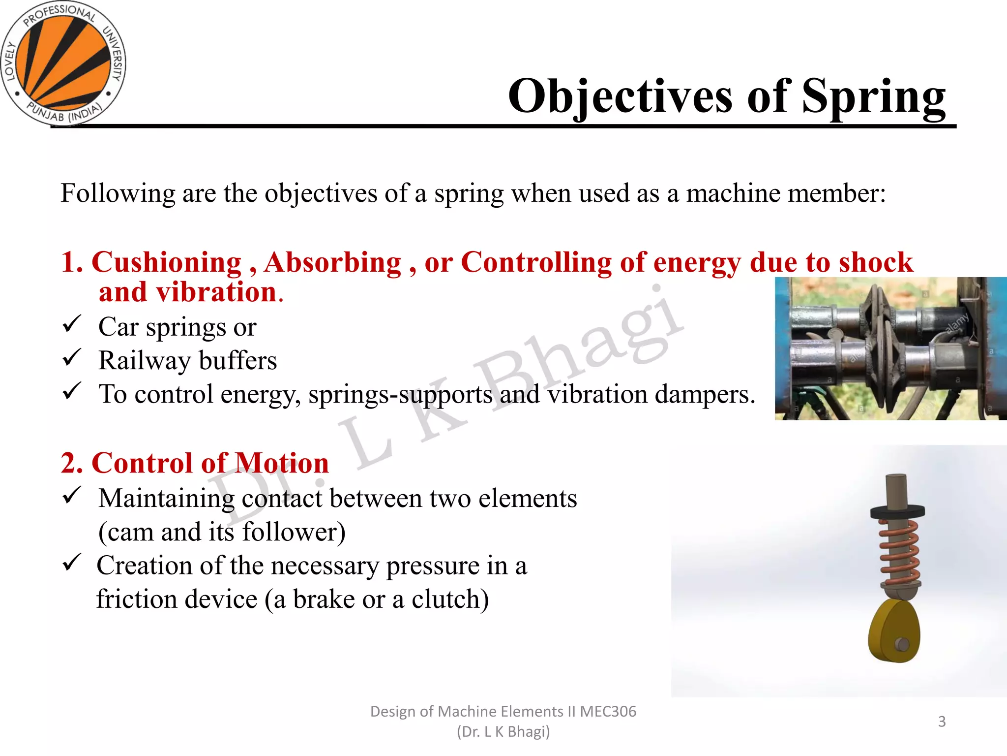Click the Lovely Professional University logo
point(63,63)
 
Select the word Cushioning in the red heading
point(167,262)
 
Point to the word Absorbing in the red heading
point(333,262)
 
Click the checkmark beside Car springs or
point(72,325)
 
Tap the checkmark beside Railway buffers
point(72,358)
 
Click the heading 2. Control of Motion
point(195,463)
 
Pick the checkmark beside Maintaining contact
point(72,496)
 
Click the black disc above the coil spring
point(897,512)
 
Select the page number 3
point(942,722)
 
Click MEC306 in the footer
point(608,712)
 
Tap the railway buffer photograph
point(890,348)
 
